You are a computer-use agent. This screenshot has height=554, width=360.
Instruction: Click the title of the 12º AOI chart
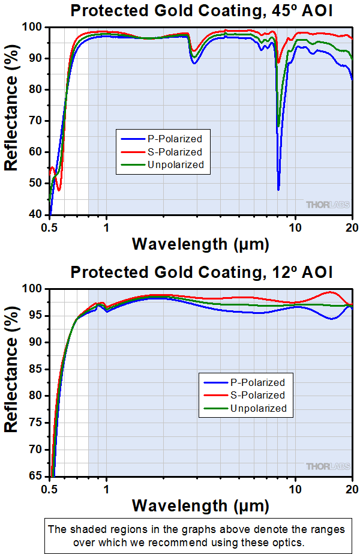(200, 272)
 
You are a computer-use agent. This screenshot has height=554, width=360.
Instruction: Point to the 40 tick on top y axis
(38, 214)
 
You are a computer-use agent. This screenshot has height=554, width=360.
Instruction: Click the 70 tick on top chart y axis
(38, 121)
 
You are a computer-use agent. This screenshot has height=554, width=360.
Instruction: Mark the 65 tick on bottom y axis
(38, 477)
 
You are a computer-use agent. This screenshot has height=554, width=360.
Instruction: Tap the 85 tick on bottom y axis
(38, 369)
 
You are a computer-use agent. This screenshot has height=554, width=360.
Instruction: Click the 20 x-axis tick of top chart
(352, 227)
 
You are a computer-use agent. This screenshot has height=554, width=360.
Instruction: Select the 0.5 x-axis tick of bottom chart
(50, 489)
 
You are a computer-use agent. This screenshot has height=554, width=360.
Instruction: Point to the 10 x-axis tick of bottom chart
(295, 489)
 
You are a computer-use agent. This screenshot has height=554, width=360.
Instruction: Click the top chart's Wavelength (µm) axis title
(200, 244)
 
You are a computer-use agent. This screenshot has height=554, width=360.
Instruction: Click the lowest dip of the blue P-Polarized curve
(278, 189)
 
